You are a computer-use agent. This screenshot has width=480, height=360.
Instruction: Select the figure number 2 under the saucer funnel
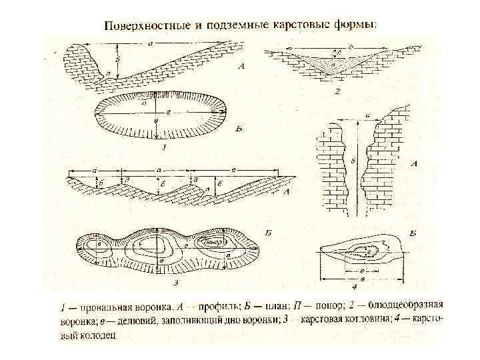[337, 91]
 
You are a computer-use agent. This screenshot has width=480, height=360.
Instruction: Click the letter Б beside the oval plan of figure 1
[239, 127]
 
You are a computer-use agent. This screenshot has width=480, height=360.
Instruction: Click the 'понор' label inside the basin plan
[211, 243]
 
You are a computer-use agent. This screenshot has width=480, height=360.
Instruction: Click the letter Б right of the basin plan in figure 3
[266, 233]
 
